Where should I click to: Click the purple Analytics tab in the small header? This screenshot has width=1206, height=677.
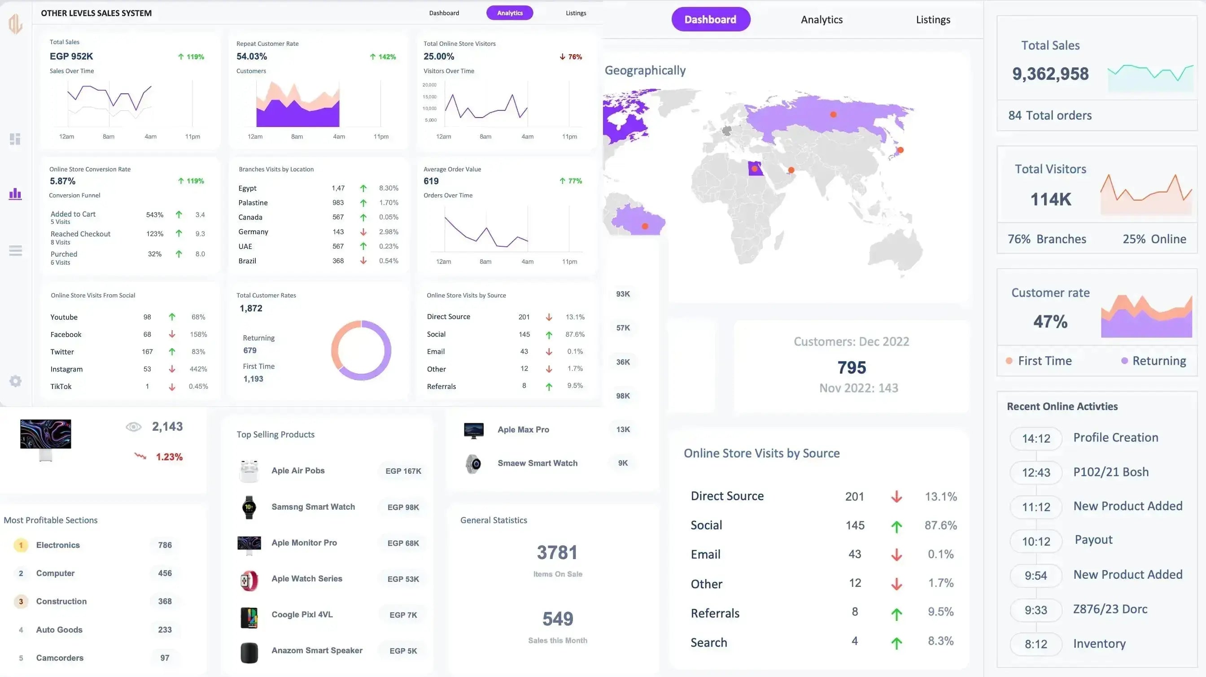(x=509, y=13)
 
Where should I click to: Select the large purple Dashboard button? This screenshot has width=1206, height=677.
(x=710, y=20)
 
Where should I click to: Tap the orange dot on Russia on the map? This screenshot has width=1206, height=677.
(x=833, y=115)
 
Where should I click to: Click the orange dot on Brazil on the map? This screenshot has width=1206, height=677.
(x=645, y=227)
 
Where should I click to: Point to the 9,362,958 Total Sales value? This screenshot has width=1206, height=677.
(x=1050, y=74)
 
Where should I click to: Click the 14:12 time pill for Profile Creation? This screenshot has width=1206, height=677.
(x=1036, y=439)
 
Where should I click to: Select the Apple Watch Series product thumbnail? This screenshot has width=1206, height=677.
(x=249, y=581)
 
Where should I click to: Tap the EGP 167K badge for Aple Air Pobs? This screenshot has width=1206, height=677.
(x=403, y=471)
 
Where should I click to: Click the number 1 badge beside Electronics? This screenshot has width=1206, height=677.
(x=21, y=546)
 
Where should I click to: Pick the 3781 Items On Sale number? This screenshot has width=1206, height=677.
(x=557, y=553)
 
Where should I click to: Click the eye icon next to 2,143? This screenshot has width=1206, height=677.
(x=133, y=427)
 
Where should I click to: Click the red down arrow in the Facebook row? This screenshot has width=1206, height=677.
(x=172, y=334)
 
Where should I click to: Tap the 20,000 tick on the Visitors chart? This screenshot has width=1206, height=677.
(x=429, y=85)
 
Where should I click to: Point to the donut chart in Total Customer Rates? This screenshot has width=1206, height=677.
(x=361, y=350)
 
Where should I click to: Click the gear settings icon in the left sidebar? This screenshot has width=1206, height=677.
(x=15, y=381)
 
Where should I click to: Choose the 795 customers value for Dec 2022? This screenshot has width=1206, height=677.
(x=852, y=367)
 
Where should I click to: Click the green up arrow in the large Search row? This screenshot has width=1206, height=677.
(x=896, y=643)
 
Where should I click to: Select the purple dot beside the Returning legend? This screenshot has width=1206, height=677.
(x=1124, y=361)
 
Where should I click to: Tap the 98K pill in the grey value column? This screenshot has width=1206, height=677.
(x=623, y=396)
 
